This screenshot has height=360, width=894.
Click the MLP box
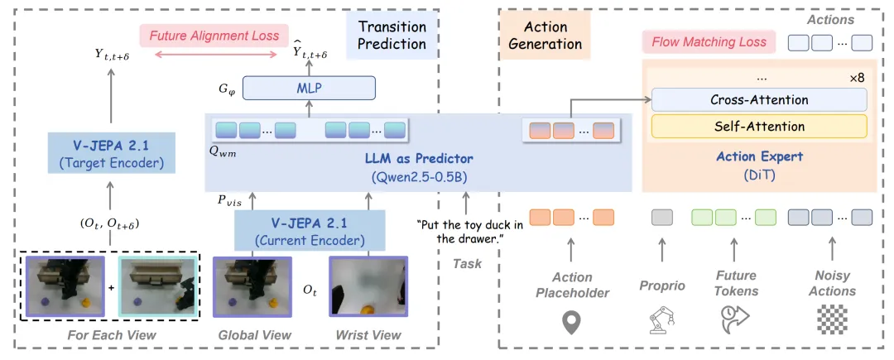coord(310,89)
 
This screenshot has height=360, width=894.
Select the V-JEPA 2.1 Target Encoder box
coord(111,152)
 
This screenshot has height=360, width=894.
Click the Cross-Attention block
coord(759,99)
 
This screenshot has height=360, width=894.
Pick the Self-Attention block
coord(759,127)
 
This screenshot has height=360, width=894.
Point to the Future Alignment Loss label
coord(214,36)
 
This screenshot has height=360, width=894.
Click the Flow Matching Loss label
coord(709,42)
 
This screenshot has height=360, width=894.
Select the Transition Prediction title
coord(392,36)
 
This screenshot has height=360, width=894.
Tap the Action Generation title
coord(545,36)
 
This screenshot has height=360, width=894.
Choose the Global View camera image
coord(252,286)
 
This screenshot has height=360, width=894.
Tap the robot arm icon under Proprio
coord(662,321)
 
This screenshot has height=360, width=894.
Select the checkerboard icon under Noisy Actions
coord(832,321)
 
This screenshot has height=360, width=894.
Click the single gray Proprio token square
coord(662,217)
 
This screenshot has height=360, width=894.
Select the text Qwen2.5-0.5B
coord(419,176)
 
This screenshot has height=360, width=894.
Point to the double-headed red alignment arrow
coord(215,55)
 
